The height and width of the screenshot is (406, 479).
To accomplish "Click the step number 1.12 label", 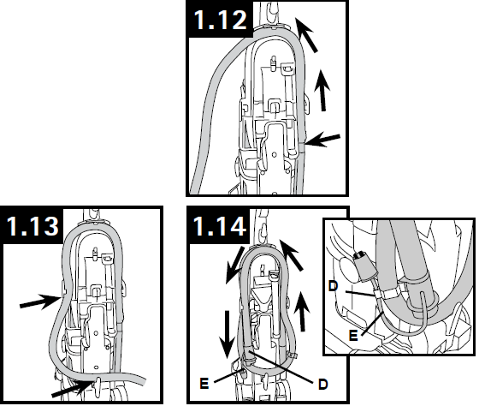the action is tap(220, 20).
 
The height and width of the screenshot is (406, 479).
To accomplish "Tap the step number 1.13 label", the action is tap(33, 226).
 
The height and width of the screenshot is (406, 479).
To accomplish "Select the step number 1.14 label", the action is tap(219, 226).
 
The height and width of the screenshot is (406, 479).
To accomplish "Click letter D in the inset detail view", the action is tap(333, 286).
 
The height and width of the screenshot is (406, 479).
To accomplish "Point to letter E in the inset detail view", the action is tap(353, 336).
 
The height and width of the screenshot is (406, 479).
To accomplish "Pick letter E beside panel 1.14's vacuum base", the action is tap(204, 383).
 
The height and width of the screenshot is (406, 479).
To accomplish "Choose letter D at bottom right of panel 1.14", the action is tap(322, 385).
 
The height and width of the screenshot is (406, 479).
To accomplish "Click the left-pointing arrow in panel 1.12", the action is tap(322, 140).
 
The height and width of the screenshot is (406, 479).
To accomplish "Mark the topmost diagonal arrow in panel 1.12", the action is tap(307, 34).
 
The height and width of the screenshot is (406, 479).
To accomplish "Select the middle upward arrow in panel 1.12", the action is tap(322, 90).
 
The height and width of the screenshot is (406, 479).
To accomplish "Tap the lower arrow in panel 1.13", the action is tap(72, 388).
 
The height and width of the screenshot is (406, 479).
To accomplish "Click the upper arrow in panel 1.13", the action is tap(39, 302).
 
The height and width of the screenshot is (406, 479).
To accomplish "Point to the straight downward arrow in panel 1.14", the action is tap(227, 334).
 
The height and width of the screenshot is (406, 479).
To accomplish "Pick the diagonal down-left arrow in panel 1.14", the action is tap(234, 266).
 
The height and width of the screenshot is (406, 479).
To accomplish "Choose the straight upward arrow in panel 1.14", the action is tap(302, 312).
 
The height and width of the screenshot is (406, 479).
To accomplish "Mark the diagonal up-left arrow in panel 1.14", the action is tap(291, 255).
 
